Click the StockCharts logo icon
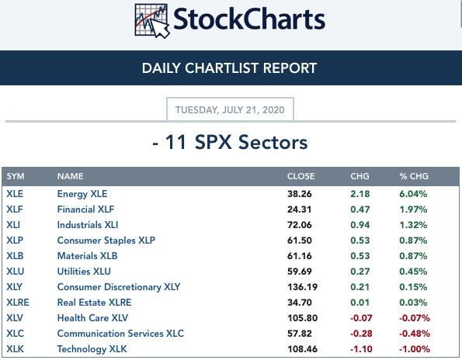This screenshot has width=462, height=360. (152, 21)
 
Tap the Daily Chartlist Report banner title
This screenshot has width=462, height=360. (229, 68)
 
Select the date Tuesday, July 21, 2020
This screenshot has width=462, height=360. (230, 110)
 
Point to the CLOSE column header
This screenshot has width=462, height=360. (300, 176)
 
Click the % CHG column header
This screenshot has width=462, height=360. (414, 176)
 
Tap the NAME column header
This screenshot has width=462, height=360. (70, 176)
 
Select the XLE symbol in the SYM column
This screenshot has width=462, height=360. (15, 194)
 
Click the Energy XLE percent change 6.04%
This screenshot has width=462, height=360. (413, 194)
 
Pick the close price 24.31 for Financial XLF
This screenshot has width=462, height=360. (300, 209)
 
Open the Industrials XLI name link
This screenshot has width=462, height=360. (88, 225)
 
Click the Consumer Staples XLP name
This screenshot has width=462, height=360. (106, 241)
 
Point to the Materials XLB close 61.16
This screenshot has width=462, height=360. (300, 256)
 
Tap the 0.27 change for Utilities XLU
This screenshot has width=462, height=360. (360, 272)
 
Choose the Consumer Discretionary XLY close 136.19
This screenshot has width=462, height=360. (303, 287)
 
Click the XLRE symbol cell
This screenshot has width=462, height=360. (18, 303)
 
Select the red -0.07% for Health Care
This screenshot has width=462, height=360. (415, 318)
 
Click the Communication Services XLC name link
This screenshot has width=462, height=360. (120, 334)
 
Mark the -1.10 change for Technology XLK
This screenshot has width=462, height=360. (361, 349)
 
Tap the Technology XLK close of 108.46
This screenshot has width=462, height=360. (303, 349)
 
